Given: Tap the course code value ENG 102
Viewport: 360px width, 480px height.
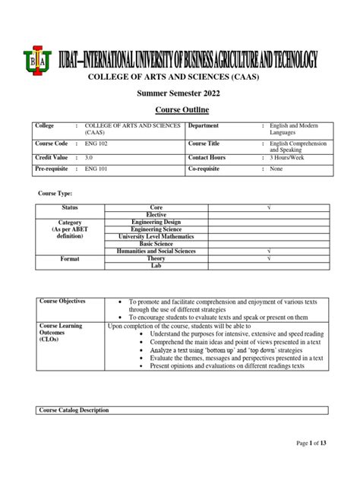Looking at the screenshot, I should [97, 143].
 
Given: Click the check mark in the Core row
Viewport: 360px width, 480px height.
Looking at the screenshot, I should [270, 207].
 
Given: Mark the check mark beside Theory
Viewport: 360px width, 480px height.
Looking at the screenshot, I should [270, 258].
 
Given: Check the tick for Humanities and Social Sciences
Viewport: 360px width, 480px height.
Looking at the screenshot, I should [270, 251].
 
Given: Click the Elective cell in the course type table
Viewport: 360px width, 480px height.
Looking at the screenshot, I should [157, 214].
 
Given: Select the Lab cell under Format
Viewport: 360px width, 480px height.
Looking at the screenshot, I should [157, 266].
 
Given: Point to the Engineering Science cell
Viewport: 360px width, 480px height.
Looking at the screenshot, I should [157, 229].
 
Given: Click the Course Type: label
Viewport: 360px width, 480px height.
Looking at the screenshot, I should [57, 194].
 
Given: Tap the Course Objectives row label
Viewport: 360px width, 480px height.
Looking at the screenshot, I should [62, 302].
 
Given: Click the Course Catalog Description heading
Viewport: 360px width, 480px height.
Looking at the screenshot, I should [74, 410].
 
